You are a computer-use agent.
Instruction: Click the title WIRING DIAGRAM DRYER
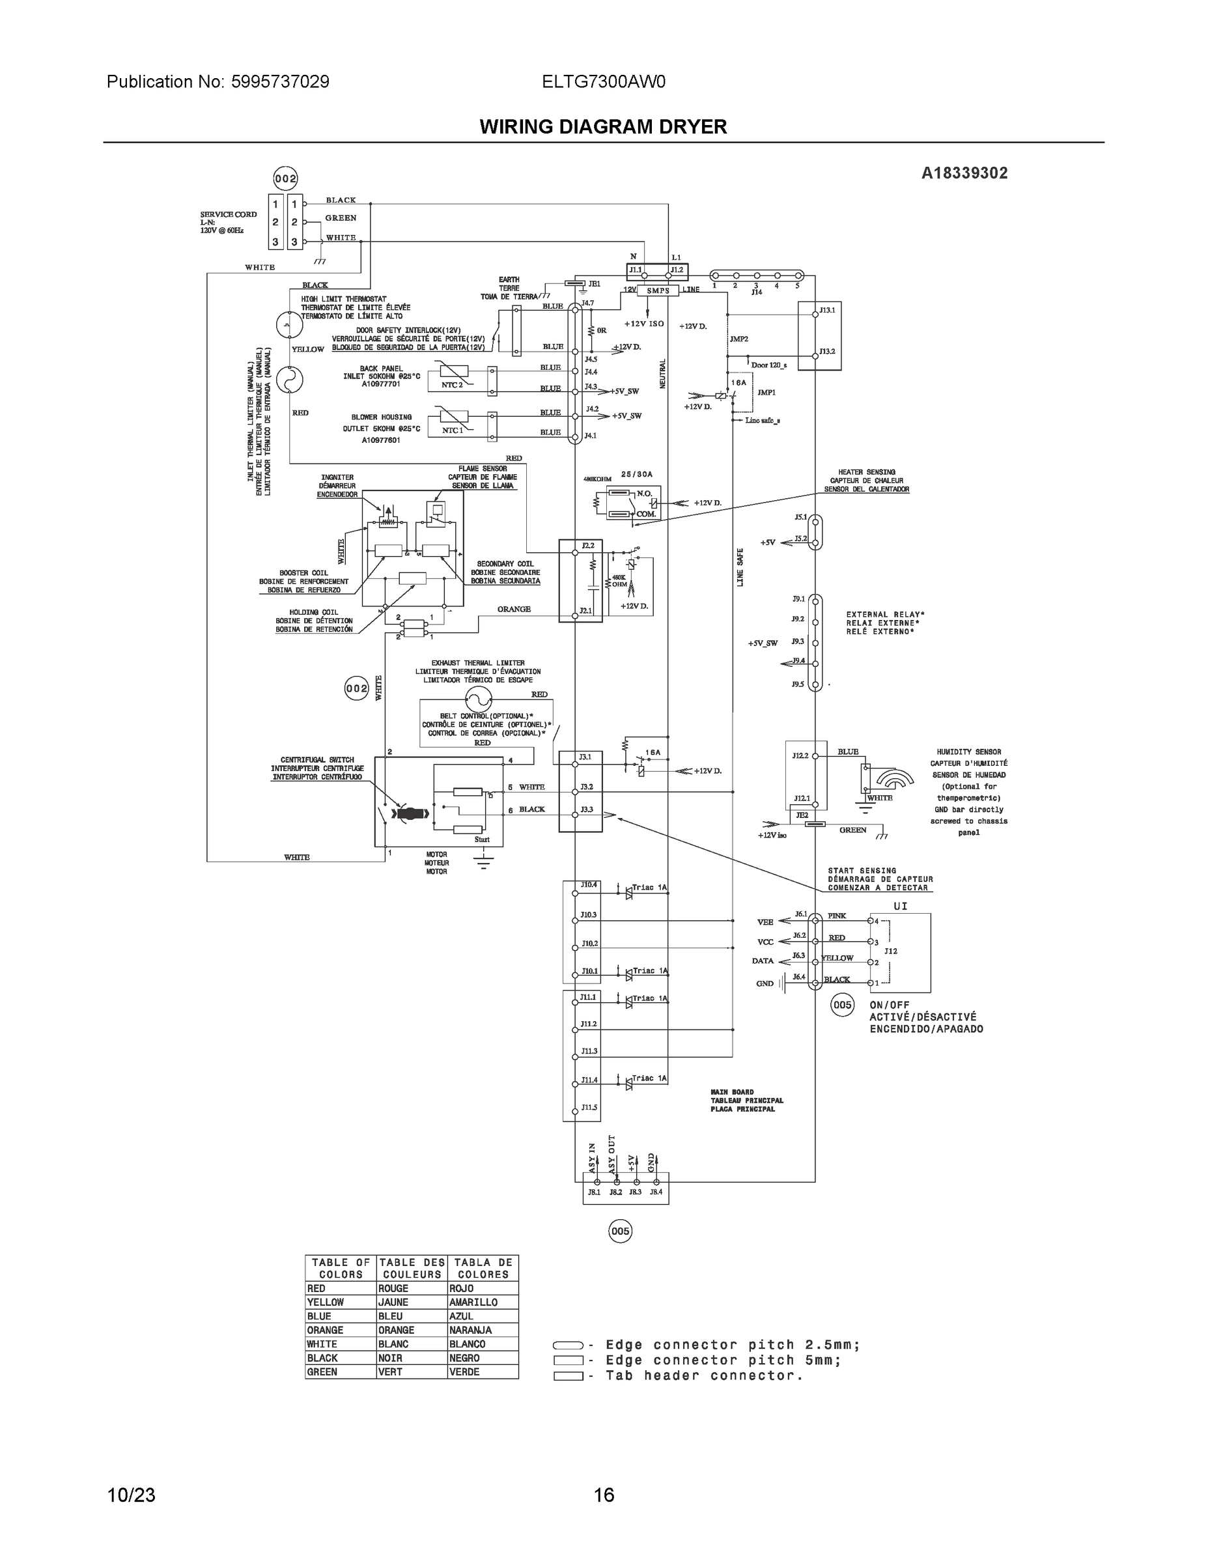pyautogui.click(x=602, y=127)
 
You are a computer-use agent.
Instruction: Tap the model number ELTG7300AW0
pyautogui.click(x=603, y=81)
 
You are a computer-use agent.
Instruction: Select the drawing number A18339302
pyautogui.click(x=964, y=173)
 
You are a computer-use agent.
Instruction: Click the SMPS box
pyautogui.click(x=658, y=290)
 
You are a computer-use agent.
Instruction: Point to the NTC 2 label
pyautogui.click(x=451, y=385)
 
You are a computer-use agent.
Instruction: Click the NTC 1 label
pyautogui.click(x=451, y=430)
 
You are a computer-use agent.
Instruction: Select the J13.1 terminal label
pyautogui.click(x=827, y=310)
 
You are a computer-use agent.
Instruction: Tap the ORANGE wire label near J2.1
pyautogui.click(x=514, y=609)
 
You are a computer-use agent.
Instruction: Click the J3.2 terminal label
pyautogui.click(x=586, y=787)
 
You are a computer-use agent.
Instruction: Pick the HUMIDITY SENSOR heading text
pyautogui.click(x=969, y=752)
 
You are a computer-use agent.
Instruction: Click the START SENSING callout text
pyautogui.click(x=862, y=871)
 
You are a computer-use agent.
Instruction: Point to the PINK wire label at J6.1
pyautogui.click(x=837, y=915)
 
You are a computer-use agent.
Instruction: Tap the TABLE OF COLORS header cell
pyautogui.click(x=341, y=1268)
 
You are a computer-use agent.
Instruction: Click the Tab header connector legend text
pyautogui.click(x=704, y=1375)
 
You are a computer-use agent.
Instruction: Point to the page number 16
pyautogui.click(x=603, y=1495)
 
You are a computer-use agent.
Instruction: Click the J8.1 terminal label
pyautogui.click(x=594, y=1192)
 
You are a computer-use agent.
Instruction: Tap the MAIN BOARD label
pyautogui.click(x=733, y=1092)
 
